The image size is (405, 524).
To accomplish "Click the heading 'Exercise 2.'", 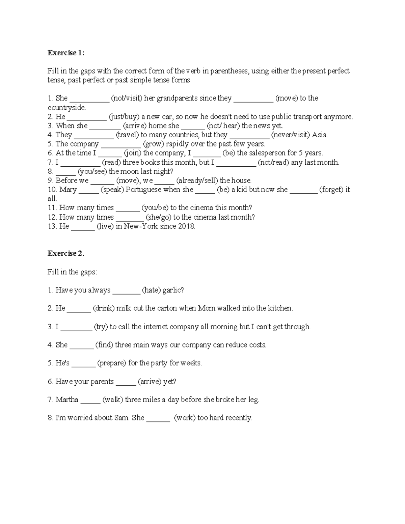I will pyautogui.click(x=66, y=254).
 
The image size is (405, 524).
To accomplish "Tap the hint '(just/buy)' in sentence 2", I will pyautogui.click(x=124, y=117).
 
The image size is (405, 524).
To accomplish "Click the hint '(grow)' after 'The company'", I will pyautogui.click(x=154, y=144).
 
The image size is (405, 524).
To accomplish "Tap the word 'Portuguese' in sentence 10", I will pyautogui.click(x=143, y=190).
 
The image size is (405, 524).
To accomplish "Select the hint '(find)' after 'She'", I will pyautogui.click(x=104, y=345).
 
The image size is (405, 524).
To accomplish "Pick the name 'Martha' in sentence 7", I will pyautogui.click(x=67, y=400).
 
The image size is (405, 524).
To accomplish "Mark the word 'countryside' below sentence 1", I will pyautogui.click(x=66, y=108).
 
